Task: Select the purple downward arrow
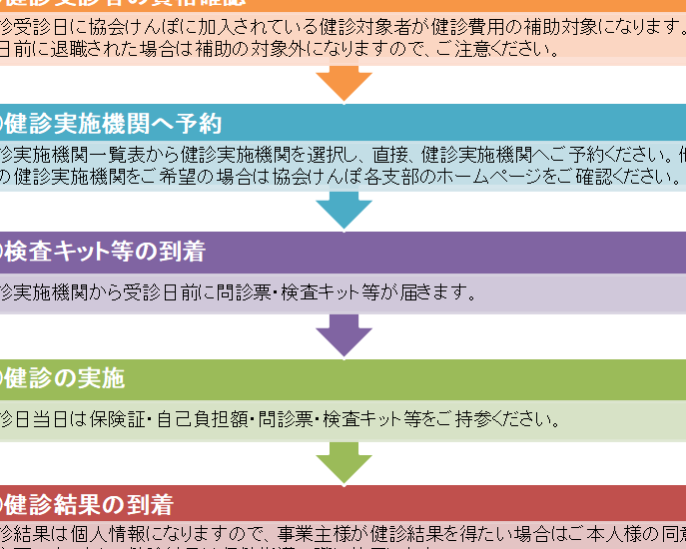click(344, 334)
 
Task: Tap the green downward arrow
click(344, 462)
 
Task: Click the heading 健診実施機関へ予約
click(113, 124)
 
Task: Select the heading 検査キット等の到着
click(105, 252)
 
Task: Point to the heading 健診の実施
click(65, 378)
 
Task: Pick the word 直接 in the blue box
click(391, 155)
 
